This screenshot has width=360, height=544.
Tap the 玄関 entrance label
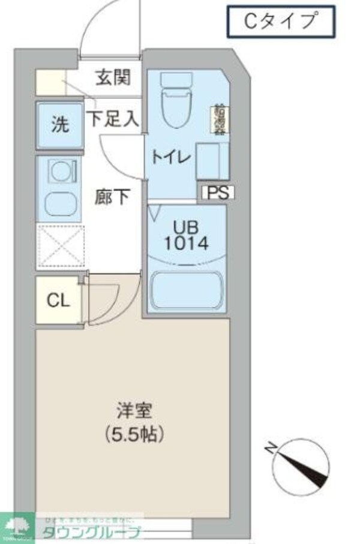coord(113,79)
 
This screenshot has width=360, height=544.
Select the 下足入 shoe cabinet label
coord(113,118)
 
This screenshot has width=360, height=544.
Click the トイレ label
coord(171,158)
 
